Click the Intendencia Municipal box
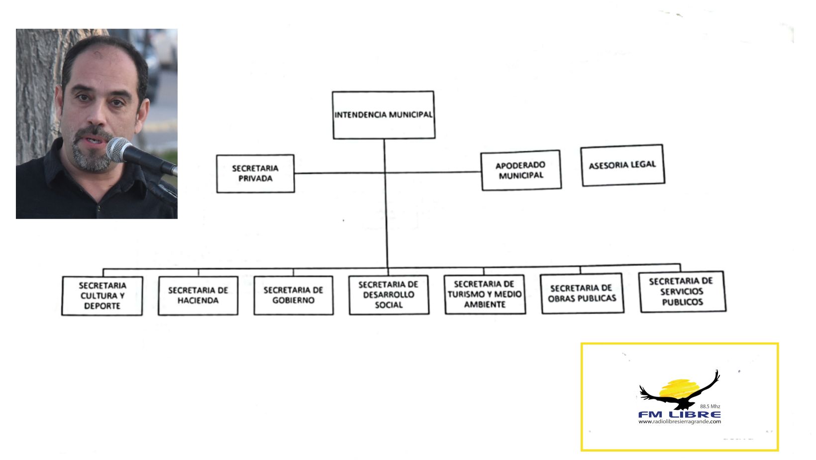(383, 115)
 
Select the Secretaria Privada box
(255, 173)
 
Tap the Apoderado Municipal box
(521, 170)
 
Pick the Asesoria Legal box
(622, 165)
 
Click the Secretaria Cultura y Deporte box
(102, 296)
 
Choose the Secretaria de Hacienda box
(198, 295)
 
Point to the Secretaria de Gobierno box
(293, 295)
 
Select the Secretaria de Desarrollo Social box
(389, 295)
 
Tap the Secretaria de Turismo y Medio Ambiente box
(485, 294)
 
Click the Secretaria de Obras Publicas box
(582, 293)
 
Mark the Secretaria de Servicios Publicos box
(682, 292)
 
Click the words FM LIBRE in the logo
(679, 414)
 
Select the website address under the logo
(679, 422)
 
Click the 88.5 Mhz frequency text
(710, 407)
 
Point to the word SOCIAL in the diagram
(389, 305)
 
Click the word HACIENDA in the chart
(198, 301)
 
